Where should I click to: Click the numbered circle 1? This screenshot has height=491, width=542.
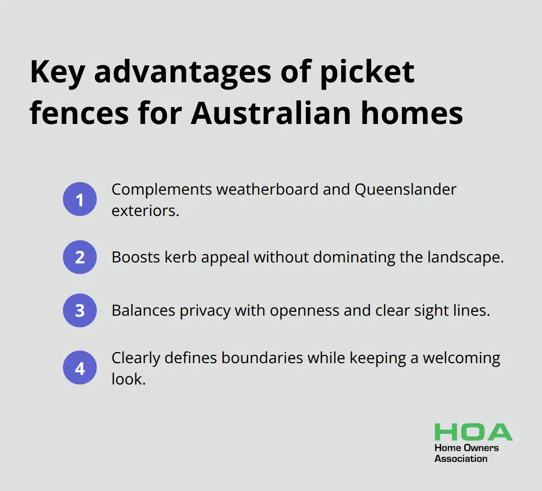point(80,199)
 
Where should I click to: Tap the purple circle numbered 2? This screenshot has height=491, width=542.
point(80,257)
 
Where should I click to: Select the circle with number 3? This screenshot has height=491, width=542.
point(80,310)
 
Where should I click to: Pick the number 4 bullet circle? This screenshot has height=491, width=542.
point(80,368)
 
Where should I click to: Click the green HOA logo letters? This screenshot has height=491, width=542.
point(474,432)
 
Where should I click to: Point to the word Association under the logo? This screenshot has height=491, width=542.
point(461,459)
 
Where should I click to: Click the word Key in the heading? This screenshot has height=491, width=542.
point(58,72)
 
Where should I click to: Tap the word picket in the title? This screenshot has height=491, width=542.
point(367,72)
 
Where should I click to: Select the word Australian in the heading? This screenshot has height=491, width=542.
point(271,113)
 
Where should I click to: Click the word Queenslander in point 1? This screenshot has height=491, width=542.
point(406,190)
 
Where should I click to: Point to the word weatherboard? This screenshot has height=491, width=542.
point(267,189)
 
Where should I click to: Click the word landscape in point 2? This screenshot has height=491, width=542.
point(466,258)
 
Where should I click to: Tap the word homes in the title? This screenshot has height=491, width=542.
point(412,113)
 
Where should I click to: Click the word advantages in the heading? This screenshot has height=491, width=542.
point(182,73)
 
